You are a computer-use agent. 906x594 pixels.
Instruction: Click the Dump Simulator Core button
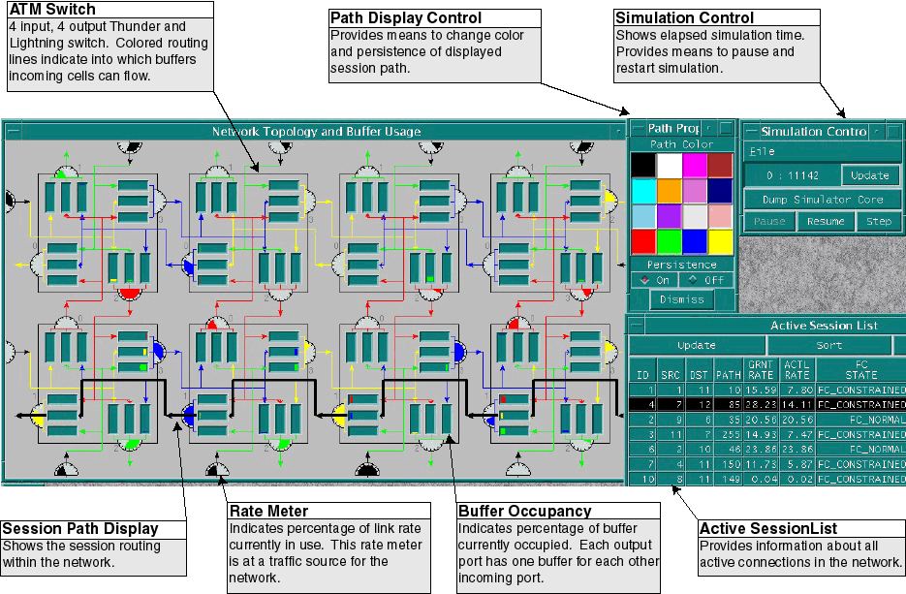(x=822, y=200)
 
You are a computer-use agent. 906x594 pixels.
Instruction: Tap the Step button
(x=879, y=222)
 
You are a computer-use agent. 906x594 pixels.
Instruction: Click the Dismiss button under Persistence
(x=682, y=299)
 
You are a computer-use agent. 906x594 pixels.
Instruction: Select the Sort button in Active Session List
(x=828, y=345)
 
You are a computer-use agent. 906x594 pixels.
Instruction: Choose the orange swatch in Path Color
(x=670, y=191)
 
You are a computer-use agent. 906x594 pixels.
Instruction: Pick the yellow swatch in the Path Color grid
(x=720, y=238)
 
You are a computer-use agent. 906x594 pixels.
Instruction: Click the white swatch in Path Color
(x=670, y=165)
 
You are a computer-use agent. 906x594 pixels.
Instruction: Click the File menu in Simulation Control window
(x=762, y=151)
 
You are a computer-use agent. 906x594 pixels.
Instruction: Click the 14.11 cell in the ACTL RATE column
(x=797, y=405)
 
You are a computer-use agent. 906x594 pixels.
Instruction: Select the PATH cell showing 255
(x=728, y=436)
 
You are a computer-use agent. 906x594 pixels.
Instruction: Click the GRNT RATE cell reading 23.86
(x=761, y=451)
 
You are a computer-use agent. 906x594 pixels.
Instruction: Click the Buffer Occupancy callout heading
(x=523, y=511)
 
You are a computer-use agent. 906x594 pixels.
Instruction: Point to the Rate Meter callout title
(x=269, y=511)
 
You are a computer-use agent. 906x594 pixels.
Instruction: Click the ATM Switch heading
(x=51, y=10)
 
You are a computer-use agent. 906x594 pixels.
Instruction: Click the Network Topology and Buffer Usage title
(x=316, y=131)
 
